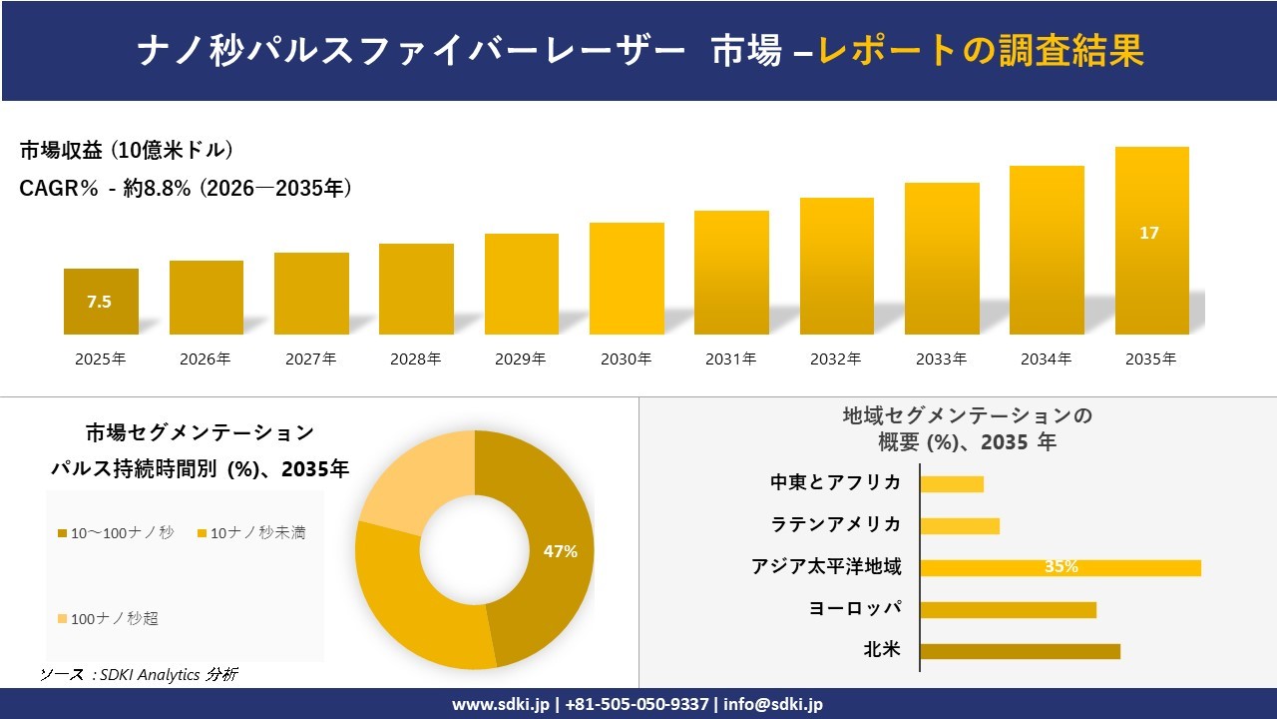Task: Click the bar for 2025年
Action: (x=101, y=302)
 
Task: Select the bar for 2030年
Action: (x=627, y=279)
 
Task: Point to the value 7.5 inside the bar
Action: (x=100, y=302)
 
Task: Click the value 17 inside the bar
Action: (x=1149, y=233)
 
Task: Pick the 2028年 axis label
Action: (x=415, y=359)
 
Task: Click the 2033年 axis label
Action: (x=941, y=359)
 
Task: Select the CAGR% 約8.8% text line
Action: (x=186, y=188)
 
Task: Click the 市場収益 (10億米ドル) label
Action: (x=127, y=150)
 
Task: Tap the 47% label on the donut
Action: (x=560, y=551)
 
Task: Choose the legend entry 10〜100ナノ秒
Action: (x=116, y=533)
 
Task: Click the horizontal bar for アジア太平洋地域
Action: (x=1060, y=567)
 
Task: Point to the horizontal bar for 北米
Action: (x=1020, y=651)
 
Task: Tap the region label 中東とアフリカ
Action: (x=835, y=482)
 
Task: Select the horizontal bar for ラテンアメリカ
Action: (x=959, y=525)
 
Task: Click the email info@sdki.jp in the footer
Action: (x=774, y=704)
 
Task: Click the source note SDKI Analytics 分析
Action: (x=140, y=675)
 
